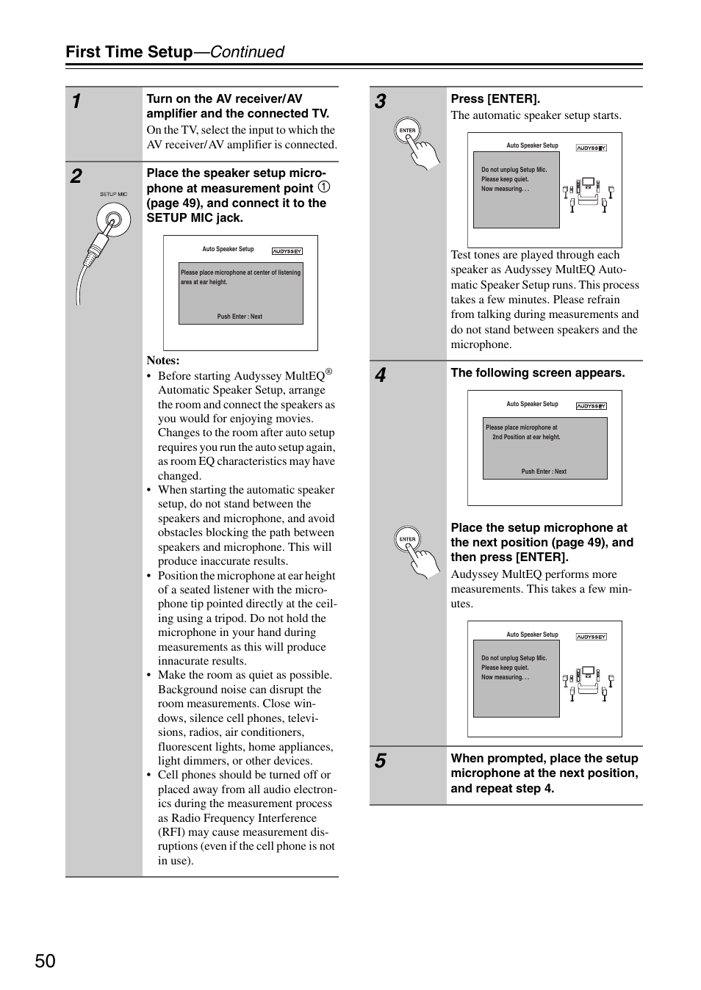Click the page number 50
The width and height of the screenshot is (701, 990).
tap(45, 961)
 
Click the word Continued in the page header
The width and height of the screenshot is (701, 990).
tap(248, 51)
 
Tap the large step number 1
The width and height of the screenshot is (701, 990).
tap(76, 101)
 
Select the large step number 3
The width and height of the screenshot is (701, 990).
tap(380, 101)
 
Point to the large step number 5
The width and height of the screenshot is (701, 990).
tap(380, 761)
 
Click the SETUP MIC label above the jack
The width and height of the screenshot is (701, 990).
tap(113, 195)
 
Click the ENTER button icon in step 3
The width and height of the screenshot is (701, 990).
tap(408, 131)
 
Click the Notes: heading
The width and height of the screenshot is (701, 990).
tap(163, 361)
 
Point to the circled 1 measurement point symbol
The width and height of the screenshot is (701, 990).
tap(324, 187)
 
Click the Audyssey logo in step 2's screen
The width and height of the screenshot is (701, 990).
tap(287, 251)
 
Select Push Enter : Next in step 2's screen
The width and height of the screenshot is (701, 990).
tap(240, 317)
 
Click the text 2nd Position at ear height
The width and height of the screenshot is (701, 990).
tap(526, 437)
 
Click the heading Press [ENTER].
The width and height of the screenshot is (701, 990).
tap(495, 98)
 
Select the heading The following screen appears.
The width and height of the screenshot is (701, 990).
tap(538, 373)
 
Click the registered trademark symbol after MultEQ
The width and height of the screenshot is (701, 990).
tap(329, 372)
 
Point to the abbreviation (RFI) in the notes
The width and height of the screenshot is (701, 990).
tap(171, 832)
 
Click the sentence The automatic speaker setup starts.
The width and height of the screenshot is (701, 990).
tap(536, 115)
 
